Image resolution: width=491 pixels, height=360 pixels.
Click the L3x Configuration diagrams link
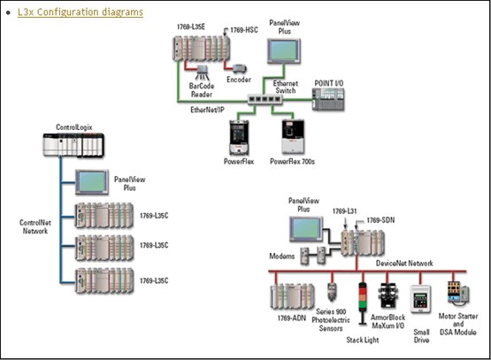click(x=81, y=12)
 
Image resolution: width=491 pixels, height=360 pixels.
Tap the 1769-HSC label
click(x=244, y=30)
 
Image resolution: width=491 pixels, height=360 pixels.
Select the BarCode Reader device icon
click(x=203, y=73)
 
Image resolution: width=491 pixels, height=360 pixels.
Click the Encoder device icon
click(x=240, y=69)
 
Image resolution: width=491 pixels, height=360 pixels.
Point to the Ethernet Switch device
click(x=265, y=100)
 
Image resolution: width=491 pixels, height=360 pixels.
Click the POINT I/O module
click(x=328, y=99)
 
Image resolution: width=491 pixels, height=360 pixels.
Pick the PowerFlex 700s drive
click(x=293, y=136)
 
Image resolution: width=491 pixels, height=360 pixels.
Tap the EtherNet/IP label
click(x=207, y=110)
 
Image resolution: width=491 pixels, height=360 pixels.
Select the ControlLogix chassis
click(x=73, y=145)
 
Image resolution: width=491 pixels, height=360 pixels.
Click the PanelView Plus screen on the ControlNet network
click(x=92, y=182)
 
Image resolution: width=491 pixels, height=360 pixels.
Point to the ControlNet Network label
click(x=35, y=227)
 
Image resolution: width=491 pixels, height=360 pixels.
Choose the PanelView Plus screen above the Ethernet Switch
click(x=284, y=50)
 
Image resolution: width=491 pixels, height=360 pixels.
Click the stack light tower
click(x=363, y=303)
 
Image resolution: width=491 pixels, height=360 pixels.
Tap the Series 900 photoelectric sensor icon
click(x=332, y=291)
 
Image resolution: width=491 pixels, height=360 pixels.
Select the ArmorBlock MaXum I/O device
click(x=387, y=295)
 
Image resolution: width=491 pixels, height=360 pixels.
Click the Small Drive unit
click(x=420, y=299)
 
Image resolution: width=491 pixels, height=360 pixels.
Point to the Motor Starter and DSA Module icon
click(x=458, y=293)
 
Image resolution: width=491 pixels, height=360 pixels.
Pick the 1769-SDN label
click(x=380, y=220)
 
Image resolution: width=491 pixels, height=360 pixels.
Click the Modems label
click(x=282, y=257)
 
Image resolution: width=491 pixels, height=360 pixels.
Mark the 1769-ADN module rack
click(x=293, y=296)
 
